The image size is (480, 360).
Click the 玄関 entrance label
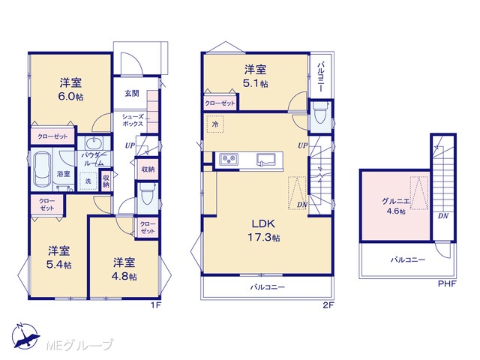click(x=132, y=93)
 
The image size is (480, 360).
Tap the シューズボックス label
click(x=133, y=120)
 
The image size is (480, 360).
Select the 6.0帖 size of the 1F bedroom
click(x=70, y=97)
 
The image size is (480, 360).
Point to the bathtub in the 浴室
click(x=42, y=169)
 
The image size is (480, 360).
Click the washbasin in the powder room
click(x=94, y=143)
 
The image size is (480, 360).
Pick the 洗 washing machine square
click(x=88, y=181)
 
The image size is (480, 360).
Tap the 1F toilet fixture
click(x=147, y=194)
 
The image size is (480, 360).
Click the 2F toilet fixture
click(x=319, y=112)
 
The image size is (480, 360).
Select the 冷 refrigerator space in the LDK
click(x=215, y=124)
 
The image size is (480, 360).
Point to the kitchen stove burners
click(x=229, y=158)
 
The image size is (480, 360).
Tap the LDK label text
click(x=263, y=223)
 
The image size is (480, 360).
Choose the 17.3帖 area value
click(x=263, y=237)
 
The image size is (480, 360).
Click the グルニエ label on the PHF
click(x=395, y=201)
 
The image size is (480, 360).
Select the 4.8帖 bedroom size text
click(x=124, y=277)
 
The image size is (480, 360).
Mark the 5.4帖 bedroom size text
click(x=59, y=265)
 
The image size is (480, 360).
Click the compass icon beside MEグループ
click(x=25, y=336)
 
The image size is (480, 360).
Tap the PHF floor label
click(x=447, y=283)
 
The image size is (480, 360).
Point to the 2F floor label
click(x=328, y=305)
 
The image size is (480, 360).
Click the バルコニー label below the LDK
click(x=268, y=287)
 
